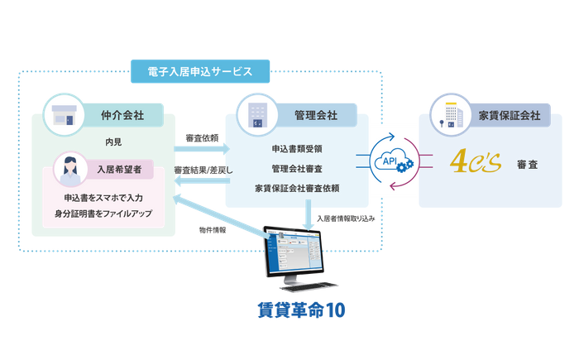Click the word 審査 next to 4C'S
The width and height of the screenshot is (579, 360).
coord(526,164)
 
